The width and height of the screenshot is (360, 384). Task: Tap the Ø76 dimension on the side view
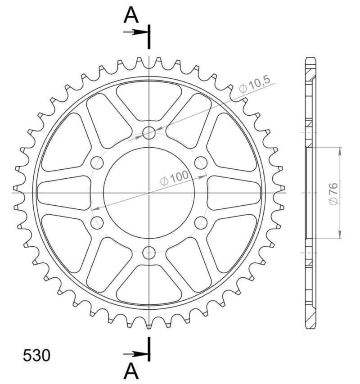pos(333,193)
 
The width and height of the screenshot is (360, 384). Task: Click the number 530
pos(36,355)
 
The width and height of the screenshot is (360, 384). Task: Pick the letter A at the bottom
pos(131,371)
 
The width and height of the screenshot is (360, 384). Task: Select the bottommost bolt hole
pos(149,253)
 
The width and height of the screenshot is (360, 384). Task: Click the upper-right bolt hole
pos(201,163)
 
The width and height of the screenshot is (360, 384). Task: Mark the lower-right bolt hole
pos(201,222)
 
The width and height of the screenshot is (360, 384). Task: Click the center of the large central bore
pos(149,193)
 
